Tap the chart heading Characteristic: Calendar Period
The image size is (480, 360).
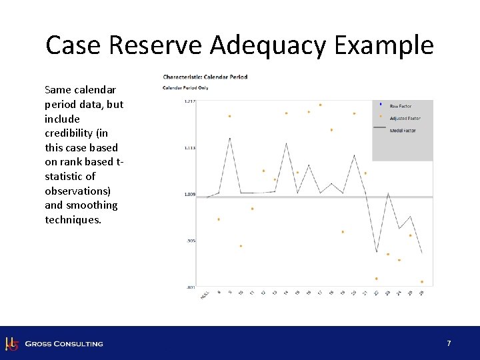[205, 77]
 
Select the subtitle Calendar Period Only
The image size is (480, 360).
[185, 87]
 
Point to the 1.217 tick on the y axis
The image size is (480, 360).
[189, 101]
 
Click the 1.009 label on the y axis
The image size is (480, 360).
[189, 195]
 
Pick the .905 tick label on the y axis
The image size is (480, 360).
[191, 241]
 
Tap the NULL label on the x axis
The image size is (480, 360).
[205, 294]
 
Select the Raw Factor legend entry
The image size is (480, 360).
[400, 106]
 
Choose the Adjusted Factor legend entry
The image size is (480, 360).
[405, 119]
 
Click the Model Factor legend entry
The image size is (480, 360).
[403, 131]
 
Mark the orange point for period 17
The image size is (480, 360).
[320, 105]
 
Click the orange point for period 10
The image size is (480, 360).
[241, 246]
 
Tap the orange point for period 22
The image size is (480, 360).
[376, 279]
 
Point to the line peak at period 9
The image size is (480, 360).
[229, 138]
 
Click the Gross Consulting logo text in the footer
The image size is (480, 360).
[64, 343]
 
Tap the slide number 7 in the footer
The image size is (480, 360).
[449, 343]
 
